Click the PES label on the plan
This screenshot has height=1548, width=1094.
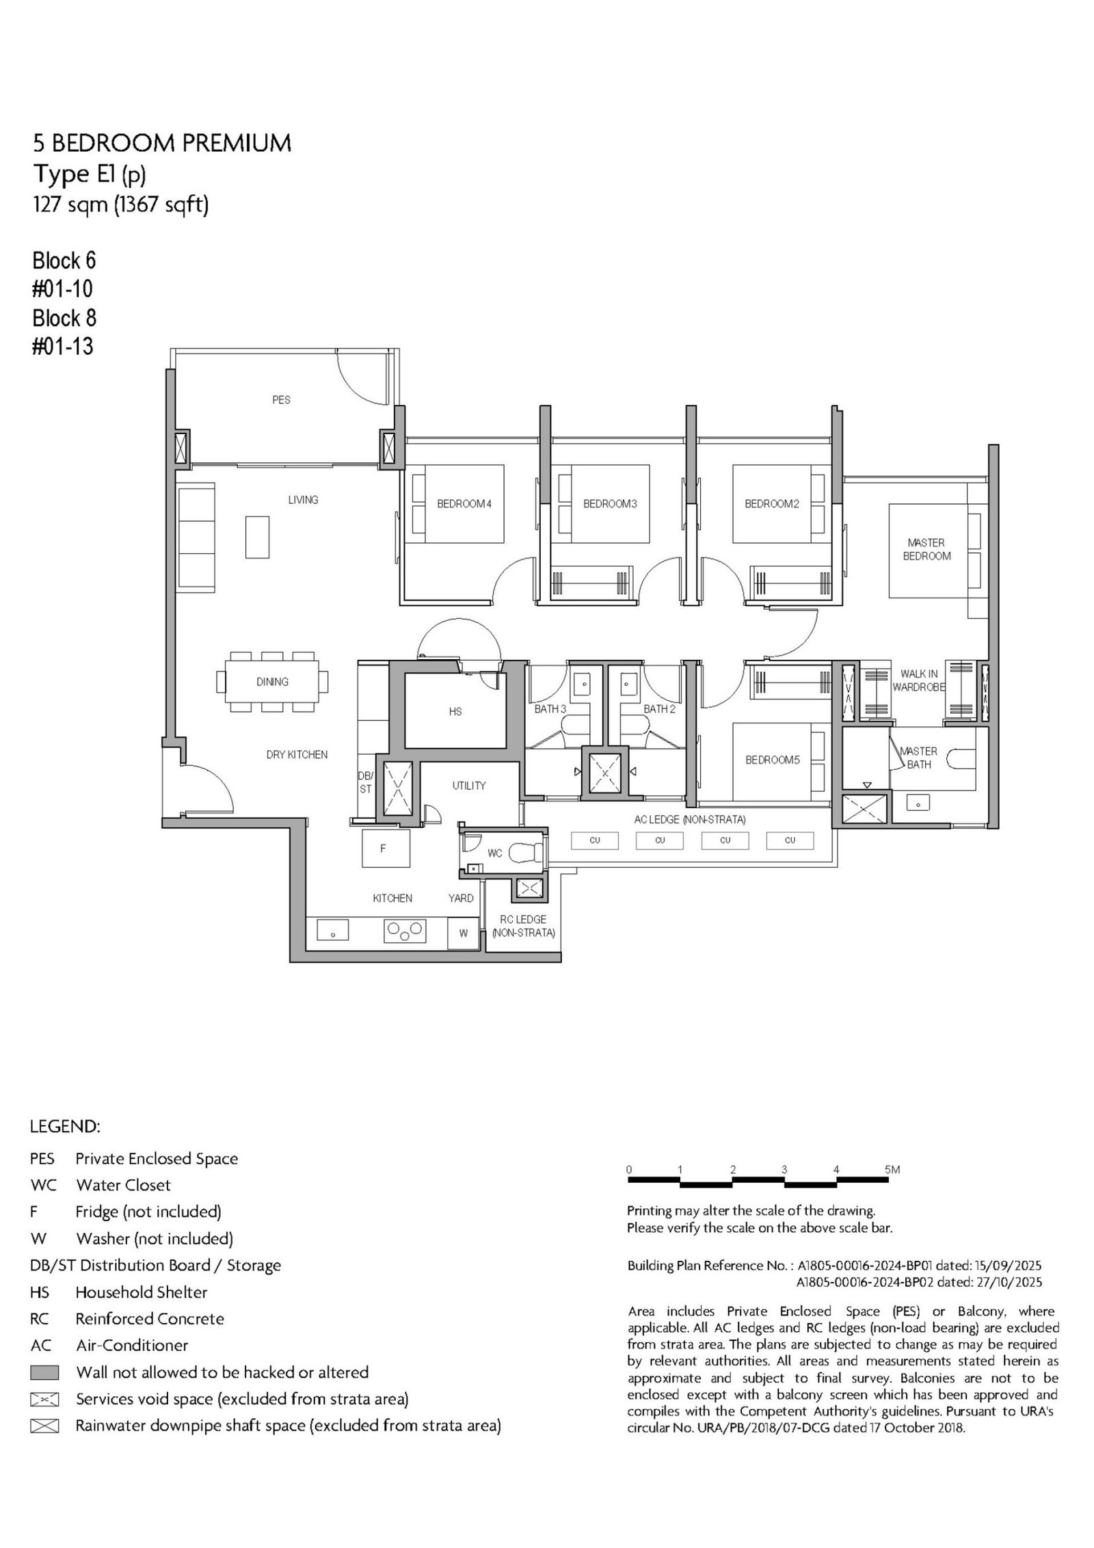click(281, 400)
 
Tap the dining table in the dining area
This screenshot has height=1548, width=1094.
click(272, 682)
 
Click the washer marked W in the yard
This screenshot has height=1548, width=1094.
click(463, 933)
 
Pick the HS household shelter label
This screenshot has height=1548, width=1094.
click(455, 712)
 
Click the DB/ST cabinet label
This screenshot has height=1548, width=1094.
click(365, 782)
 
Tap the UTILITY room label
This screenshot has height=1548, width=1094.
click(469, 786)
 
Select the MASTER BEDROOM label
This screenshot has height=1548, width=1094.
click(926, 550)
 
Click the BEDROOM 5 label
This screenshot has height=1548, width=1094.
click(773, 760)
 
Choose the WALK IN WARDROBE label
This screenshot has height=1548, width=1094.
click(918, 680)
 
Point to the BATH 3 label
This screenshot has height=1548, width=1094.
click(550, 709)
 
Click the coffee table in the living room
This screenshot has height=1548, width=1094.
click(257, 537)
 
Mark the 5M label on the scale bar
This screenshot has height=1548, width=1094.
click(892, 1170)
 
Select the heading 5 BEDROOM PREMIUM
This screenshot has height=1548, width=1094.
click(162, 143)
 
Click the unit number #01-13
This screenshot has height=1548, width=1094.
click(63, 347)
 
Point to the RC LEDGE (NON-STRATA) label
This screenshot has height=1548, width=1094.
click(524, 926)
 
